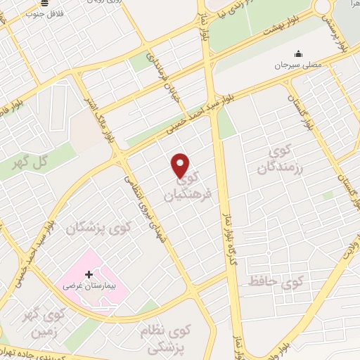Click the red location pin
point(181,165)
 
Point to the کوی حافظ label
point(274,282)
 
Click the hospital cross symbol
point(88,274)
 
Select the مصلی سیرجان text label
point(297,64)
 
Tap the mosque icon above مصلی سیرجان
point(297,53)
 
